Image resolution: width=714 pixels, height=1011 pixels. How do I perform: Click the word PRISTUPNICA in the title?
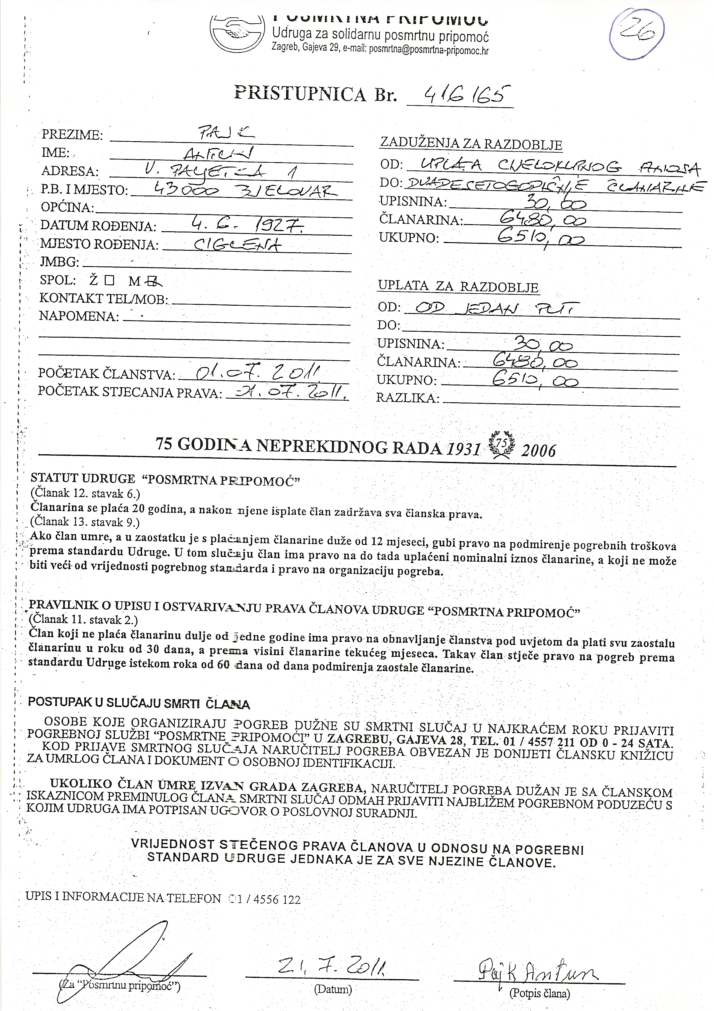click(x=300, y=93)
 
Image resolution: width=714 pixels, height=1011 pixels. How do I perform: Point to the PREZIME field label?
click(x=72, y=135)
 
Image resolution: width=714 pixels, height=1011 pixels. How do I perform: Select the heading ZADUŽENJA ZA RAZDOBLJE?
click(x=471, y=144)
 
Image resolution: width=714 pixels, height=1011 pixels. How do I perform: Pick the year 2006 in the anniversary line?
click(x=538, y=450)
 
